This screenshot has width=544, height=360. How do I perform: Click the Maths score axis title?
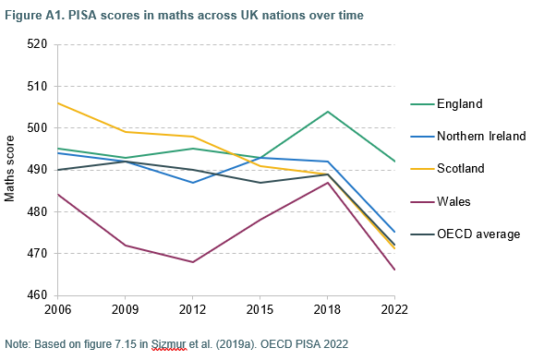[x=11, y=170]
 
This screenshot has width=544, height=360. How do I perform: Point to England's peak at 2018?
[x=328, y=112]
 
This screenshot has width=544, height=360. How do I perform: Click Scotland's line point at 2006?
[x=57, y=103]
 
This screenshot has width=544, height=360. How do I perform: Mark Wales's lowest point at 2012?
[x=192, y=262]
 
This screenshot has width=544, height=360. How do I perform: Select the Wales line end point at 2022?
[x=395, y=270]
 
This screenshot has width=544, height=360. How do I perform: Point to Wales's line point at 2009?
[x=125, y=246]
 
